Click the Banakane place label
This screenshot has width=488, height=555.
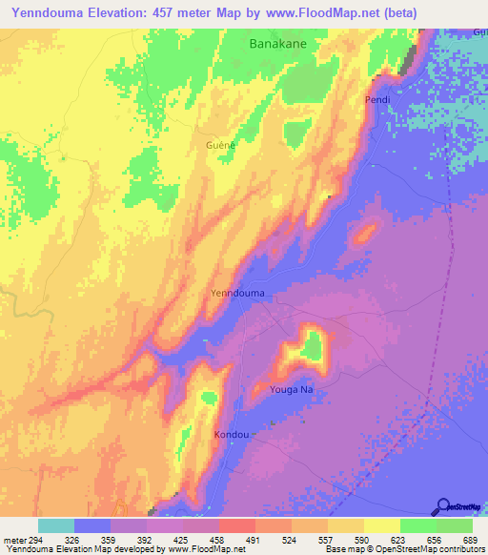click(x=283, y=43)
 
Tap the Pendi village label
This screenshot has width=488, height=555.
click(x=378, y=99)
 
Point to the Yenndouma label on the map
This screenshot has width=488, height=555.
click(x=237, y=294)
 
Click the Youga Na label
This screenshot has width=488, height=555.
click(x=282, y=389)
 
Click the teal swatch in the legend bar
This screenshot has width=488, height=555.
click(x=56, y=525)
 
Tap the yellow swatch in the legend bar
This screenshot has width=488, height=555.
click(x=381, y=525)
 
